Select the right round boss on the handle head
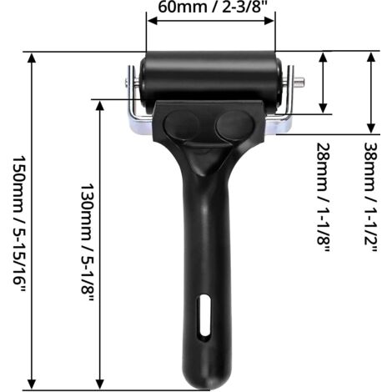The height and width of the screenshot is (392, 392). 231,126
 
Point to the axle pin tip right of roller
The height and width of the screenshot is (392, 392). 300,82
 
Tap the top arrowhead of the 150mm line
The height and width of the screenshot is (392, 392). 32,56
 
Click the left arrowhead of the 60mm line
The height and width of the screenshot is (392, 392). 151,24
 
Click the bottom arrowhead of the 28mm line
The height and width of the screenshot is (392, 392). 324,109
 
